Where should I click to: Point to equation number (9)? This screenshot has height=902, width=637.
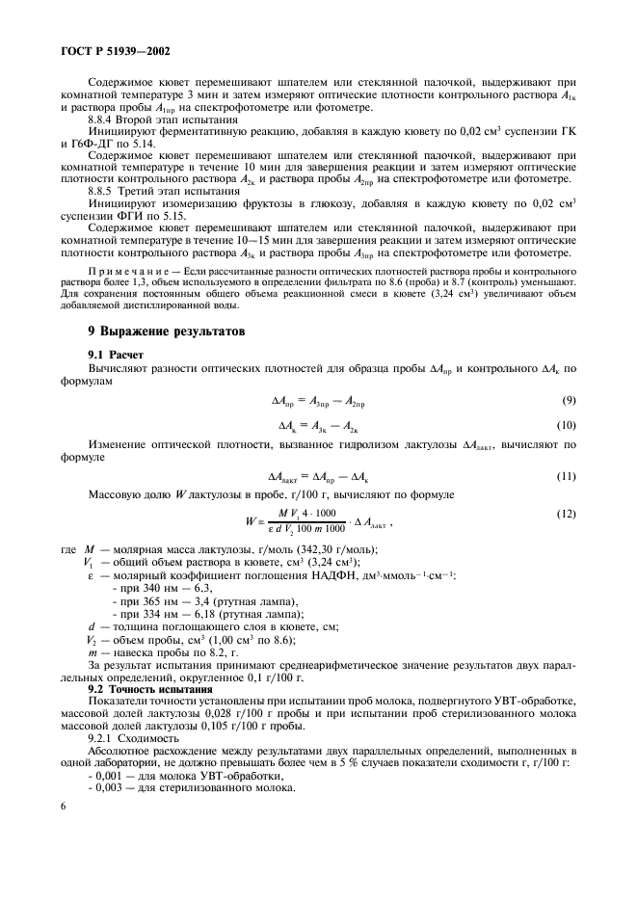click(568, 400)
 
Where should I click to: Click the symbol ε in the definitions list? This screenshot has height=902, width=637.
click(89, 574)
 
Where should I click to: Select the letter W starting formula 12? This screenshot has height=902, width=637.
click(251, 521)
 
